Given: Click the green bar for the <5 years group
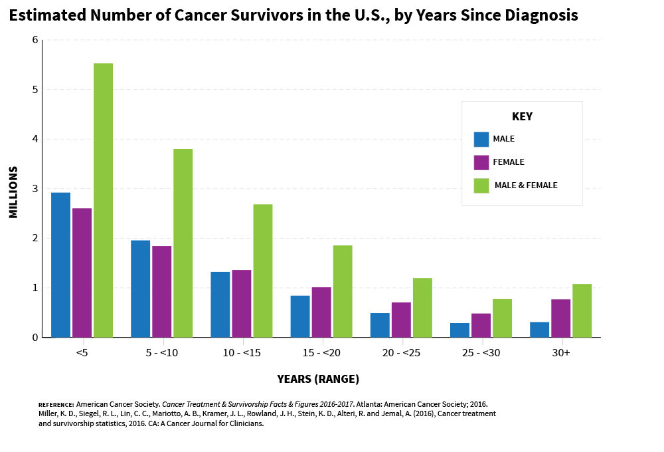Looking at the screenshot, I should point(103,200).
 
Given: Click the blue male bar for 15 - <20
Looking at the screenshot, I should point(300,316).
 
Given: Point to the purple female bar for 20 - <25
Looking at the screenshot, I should point(401,319).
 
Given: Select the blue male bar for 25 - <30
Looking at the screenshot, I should point(459,330).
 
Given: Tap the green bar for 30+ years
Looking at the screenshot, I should point(582,310).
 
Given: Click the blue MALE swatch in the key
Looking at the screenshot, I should point(481,139).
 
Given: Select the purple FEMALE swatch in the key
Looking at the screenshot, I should point(481,162).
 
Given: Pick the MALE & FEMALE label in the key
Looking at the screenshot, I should point(526,185).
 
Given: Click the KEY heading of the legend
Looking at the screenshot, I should point(522,116).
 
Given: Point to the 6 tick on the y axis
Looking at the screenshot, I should point(35,40).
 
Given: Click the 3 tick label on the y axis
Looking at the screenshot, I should point(35,189).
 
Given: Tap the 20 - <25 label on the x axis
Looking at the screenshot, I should point(402,353).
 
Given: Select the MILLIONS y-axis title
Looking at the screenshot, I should point(14,189).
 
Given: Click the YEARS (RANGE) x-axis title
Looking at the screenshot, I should point(318,380).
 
